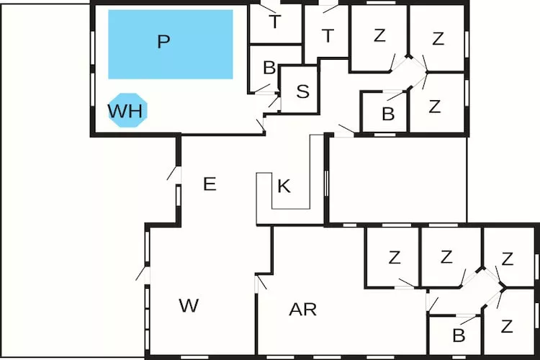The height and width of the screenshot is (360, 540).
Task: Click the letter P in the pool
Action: coord(163,42)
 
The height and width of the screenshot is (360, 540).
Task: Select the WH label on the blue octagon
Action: coord(126,111)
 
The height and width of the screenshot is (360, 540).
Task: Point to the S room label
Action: coord(303,91)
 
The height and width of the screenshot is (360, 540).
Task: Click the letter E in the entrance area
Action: coord(210,184)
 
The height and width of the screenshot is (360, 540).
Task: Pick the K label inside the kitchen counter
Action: coord(284,186)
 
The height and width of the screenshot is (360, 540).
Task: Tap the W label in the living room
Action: coord(189,305)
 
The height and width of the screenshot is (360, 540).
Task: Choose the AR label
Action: coord(303,310)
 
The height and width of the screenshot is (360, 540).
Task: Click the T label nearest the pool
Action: coord(274,22)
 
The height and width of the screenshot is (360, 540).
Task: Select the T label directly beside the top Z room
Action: coord(328,35)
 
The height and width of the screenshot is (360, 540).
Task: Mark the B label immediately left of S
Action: coord(269,68)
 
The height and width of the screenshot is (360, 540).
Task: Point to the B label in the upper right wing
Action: coord(388,114)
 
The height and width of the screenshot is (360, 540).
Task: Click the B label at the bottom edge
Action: coord(458,335)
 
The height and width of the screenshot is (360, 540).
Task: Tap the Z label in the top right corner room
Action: coord(438,39)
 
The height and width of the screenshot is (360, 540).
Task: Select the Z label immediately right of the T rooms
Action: coord(379,35)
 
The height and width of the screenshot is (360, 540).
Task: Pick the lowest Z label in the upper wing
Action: coord(434,107)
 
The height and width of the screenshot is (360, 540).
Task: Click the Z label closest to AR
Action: coord(394,257)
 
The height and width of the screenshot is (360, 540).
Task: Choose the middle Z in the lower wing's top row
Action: coord(446,256)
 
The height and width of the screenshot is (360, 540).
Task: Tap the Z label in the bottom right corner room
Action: coord(507,326)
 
